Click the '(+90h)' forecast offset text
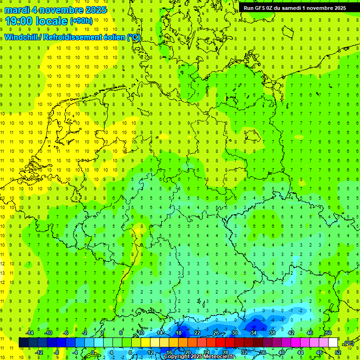coord(81,21)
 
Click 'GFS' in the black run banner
coord(261,8)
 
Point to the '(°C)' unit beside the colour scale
coord(348,343)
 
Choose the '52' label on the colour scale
coord(337,352)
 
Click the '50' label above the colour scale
coord(328,333)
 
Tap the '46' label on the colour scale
coord(309,333)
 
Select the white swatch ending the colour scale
coord(333,343)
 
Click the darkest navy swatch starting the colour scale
coord(23,343)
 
